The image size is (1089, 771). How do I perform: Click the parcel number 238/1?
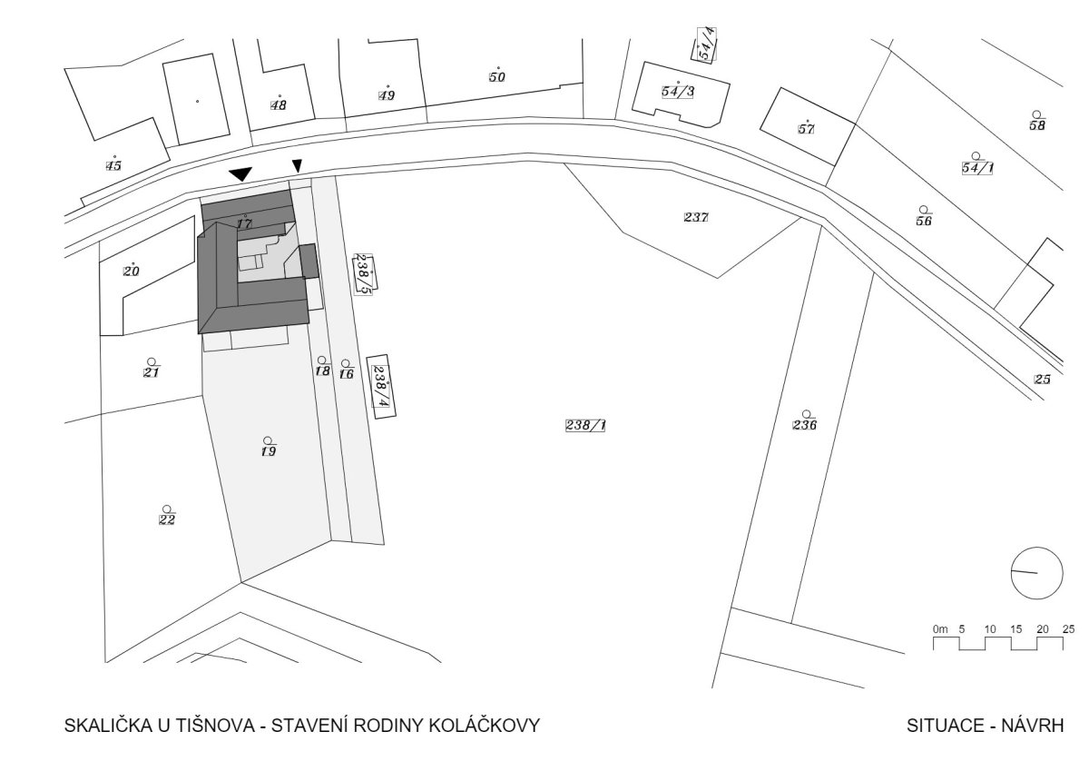click(x=585, y=426)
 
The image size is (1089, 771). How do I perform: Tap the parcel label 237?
click(x=696, y=217)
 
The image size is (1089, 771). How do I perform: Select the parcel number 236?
click(x=805, y=425)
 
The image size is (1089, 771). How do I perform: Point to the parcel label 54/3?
click(x=678, y=92)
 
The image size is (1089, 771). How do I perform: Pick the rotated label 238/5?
click(x=363, y=274)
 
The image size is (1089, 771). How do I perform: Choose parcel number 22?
click(x=167, y=519)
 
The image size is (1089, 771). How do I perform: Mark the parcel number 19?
click(x=269, y=451)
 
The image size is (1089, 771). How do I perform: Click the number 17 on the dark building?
click(x=244, y=223)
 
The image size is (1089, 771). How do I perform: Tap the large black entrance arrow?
click(x=240, y=173)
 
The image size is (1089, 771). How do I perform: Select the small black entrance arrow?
click(x=297, y=166)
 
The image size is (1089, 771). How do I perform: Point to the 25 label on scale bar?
click(x=1068, y=629)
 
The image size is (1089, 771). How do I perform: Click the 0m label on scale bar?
click(x=940, y=629)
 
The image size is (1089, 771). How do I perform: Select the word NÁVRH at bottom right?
click(x=1032, y=726)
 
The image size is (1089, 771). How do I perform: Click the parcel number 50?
click(x=497, y=77)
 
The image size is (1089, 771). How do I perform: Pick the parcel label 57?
click(x=806, y=129)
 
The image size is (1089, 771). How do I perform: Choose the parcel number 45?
click(x=113, y=165)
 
